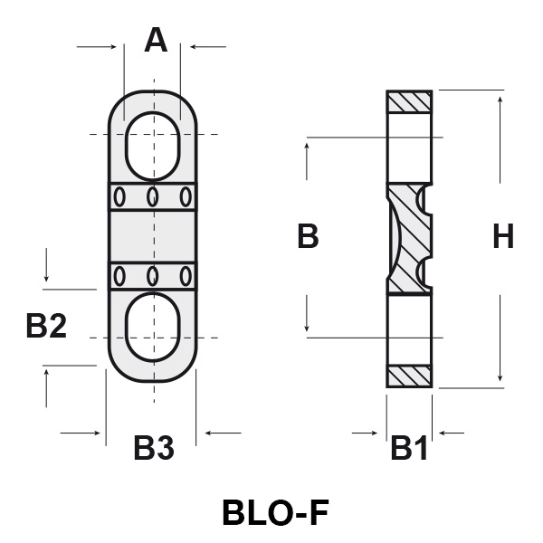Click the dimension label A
(x=156, y=41)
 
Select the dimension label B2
(x=46, y=325)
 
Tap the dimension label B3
(x=154, y=447)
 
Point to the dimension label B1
(x=409, y=447)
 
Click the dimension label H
(x=503, y=237)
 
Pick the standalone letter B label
(x=308, y=237)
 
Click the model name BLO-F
(x=274, y=513)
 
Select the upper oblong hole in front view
(x=152, y=146)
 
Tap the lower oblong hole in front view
(x=152, y=327)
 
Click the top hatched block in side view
(x=409, y=101)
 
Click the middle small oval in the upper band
(x=153, y=195)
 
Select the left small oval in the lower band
(x=120, y=275)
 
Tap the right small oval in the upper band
(x=186, y=195)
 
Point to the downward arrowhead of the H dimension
(x=500, y=378)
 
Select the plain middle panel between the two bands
(x=153, y=235)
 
